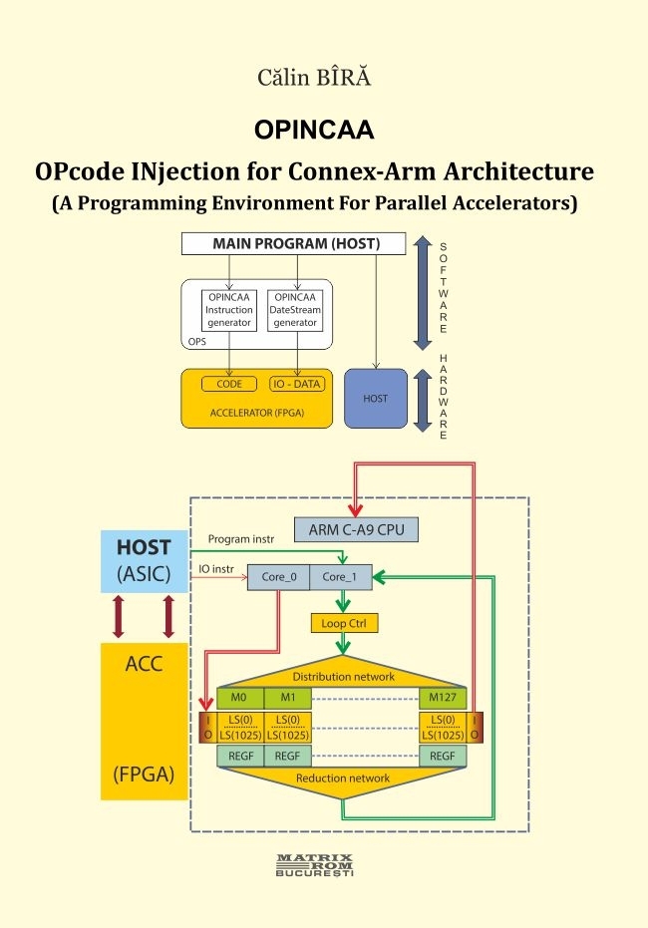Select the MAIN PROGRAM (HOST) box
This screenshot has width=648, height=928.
[x=295, y=244]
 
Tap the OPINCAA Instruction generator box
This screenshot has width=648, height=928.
[x=229, y=310]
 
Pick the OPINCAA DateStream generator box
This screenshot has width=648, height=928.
[x=296, y=310]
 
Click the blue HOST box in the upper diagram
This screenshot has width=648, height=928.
[x=376, y=399]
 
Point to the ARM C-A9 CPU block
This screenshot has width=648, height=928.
[x=356, y=528]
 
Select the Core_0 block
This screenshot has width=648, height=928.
[x=278, y=576]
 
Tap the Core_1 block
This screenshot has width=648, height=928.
[x=340, y=576]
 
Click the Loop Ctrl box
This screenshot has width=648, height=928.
[x=344, y=624]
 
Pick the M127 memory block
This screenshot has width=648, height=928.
[x=443, y=697]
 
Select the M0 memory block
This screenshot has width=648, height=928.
[x=240, y=697]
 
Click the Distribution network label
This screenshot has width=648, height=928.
[x=343, y=676]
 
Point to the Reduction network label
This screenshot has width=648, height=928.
[x=343, y=777]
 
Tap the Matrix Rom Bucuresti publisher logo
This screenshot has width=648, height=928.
[x=314, y=863]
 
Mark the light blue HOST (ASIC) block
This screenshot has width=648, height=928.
[x=144, y=561]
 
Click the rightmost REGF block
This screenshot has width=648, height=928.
[x=443, y=757]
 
